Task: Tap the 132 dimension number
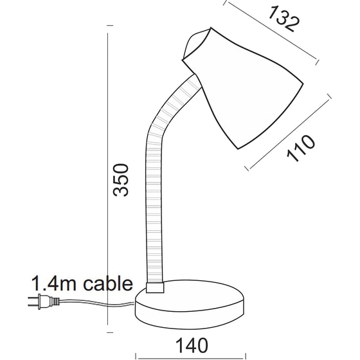coord(283,19)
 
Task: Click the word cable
coord(107,283)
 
